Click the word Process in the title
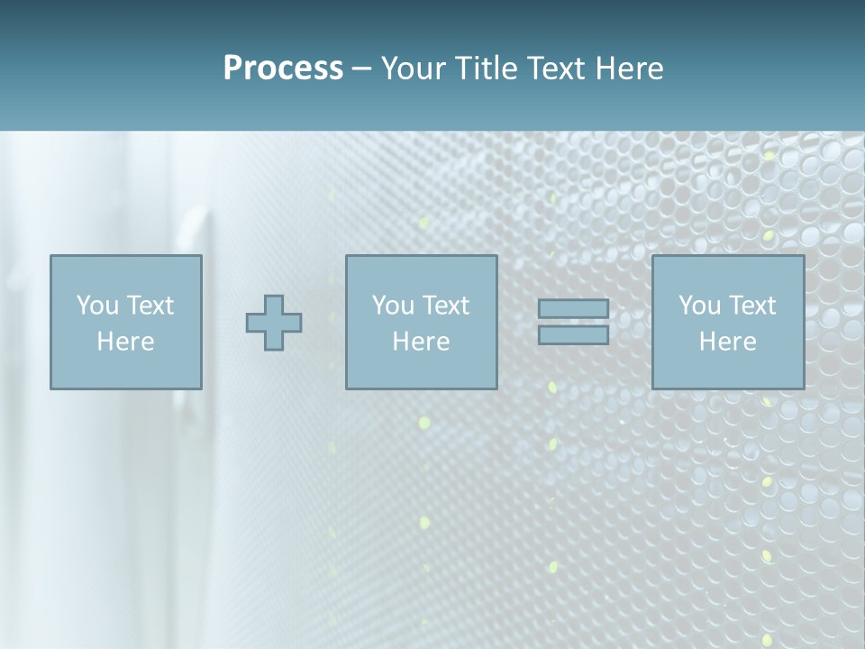point(283,69)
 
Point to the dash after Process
point(362,69)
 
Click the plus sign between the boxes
point(274,323)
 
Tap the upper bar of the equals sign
point(573,309)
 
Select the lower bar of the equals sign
point(573,335)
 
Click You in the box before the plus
point(97,306)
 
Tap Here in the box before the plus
point(125,342)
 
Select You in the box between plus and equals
point(393,306)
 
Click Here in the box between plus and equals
point(421,342)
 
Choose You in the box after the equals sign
point(699,306)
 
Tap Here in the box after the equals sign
point(727,342)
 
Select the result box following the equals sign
point(728,370)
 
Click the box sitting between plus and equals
point(422,370)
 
